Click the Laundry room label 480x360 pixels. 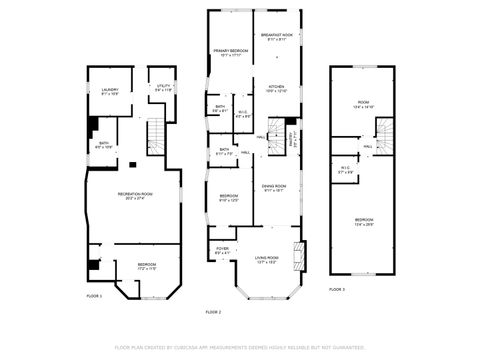(109, 90)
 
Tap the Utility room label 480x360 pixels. (161, 86)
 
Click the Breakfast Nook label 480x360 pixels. (275, 35)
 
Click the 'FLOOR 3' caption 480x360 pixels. (337, 289)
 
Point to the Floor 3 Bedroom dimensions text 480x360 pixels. (364, 224)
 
